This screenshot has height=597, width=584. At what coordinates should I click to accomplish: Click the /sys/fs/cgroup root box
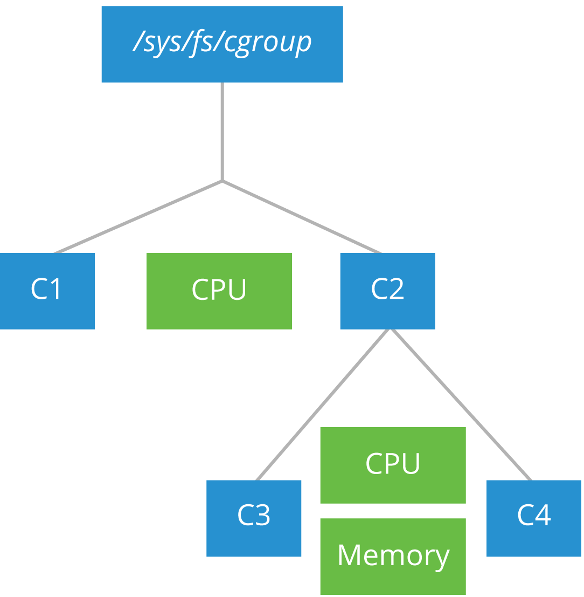pos(222,44)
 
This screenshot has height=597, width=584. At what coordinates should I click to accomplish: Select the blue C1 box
pos(47,291)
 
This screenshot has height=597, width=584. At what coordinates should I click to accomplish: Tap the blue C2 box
pos(387,291)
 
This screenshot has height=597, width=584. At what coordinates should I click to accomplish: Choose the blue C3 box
pos(254,518)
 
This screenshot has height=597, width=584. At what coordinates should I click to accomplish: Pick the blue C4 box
pos(534,518)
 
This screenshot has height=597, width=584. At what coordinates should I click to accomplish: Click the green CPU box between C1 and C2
pos(219,291)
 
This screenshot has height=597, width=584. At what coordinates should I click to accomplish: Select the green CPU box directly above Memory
pos(393,465)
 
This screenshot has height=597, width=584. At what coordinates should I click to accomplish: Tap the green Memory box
pos(393,556)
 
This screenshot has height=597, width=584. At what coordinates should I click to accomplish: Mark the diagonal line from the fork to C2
pos(302,216)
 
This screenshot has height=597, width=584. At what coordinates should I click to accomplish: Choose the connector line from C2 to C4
pos(461,404)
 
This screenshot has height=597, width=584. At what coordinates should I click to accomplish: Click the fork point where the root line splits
pos(222,181)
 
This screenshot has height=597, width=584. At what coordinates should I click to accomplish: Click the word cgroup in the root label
pos(268,42)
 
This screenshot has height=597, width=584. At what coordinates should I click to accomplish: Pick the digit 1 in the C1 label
pos(56,290)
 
